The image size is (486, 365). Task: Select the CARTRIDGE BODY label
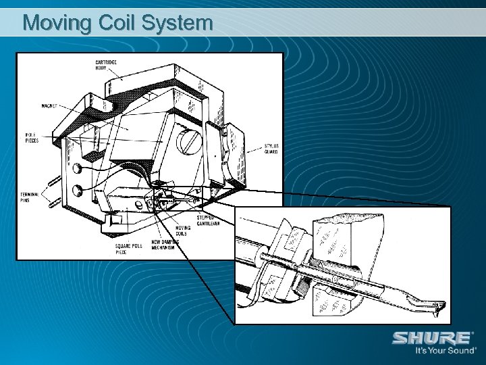click(x=105, y=65)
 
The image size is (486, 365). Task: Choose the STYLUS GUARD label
click(x=270, y=149)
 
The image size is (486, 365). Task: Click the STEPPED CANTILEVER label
click(x=209, y=220)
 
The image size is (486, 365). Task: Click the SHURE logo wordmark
click(x=432, y=337)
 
